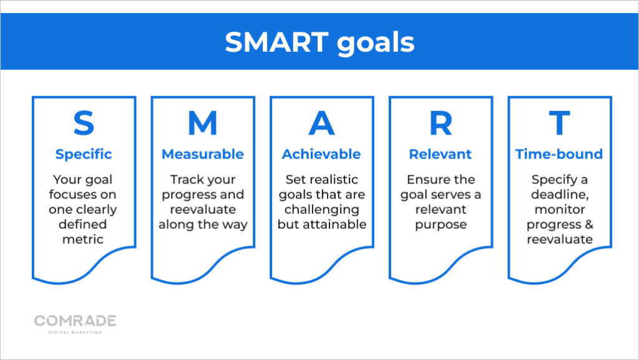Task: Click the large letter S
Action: (x=84, y=124)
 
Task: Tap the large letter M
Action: (x=203, y=124)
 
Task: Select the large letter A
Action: (x=321, y=124)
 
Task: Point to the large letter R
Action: (x=441, y=124)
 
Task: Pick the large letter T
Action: (x=559, y=124)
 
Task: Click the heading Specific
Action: (x=84, y=154)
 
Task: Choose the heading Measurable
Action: (x=203, y=154)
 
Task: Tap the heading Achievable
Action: (x=321, y=154)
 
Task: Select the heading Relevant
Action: (x=441, y=154)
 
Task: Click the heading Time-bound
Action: (x=559, y=154)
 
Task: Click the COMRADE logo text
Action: (x=75, y=321)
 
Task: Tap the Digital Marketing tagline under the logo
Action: (x=75, y=332)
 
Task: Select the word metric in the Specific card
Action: (x=84, y=240)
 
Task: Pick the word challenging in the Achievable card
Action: (x=321, y=210)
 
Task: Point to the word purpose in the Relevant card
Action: (x=441, y=225)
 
